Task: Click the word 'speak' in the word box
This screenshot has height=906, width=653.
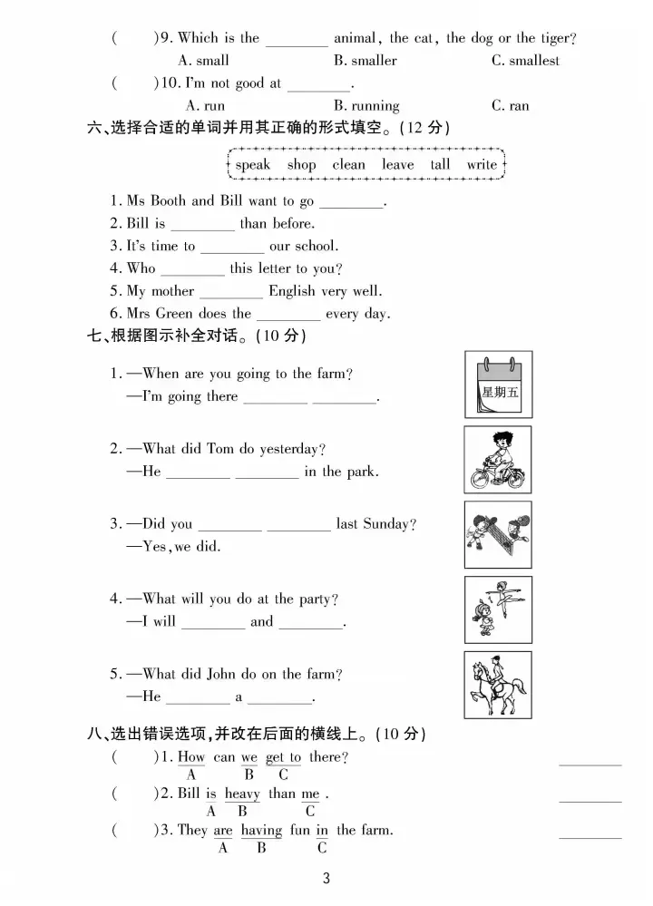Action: pyautogui.click(x=253, y=165)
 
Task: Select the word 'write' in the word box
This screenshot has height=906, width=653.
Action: pyautogui.click(x=482, y=165)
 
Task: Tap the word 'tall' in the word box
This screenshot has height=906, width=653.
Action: pyautogui.click(x=440, y=165)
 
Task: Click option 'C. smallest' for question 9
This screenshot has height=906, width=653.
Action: pyautogui.click(x=525, y=61)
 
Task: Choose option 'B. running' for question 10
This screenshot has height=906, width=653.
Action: pyautogui.click(x=366, y=106)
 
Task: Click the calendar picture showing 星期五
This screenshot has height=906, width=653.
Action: pyautogui.click(x=498, y=385)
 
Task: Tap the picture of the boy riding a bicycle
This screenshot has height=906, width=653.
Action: pyautogui.click(x=498, y=460)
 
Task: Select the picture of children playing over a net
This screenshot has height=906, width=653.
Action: pyautogui.click(x=498, y=535)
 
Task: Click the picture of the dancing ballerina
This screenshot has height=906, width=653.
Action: pyautogui.click(x=498, y=609)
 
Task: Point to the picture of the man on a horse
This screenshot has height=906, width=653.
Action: pyautogui.click(x=498, y=685)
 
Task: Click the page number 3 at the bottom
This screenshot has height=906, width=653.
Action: pyautogui.click(x=326, y=878)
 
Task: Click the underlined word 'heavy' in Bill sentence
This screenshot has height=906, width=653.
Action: pyautogui.click(x=242, y=794)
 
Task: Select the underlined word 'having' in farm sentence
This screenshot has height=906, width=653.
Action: pyautogui.click(x=261, y=830)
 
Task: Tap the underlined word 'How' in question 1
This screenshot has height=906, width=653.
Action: pyautogui.click(x=191, y=757)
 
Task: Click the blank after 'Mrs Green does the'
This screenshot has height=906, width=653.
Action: pyautogui.click(x=288, y=316)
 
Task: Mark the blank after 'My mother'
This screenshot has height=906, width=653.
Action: pyautogui.click(x=231, y=293)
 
